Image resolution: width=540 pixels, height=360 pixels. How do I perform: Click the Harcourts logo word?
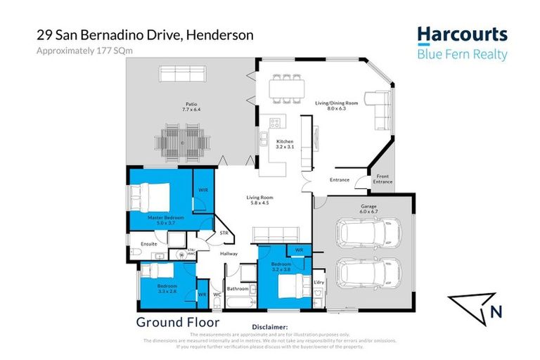click(462, 35)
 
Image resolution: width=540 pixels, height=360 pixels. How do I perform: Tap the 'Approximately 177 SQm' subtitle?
click(75, 51)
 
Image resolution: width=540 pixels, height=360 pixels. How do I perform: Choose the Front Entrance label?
click(382, 179)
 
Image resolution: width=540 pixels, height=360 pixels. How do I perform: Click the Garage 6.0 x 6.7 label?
click(364, 210)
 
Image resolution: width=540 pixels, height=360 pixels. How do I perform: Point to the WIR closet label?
click(202, 190)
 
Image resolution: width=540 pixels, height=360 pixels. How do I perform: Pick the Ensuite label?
click(148, 244)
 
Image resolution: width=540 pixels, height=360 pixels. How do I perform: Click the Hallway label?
click(229, 254)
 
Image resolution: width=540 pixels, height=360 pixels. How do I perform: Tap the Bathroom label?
click(236, 288)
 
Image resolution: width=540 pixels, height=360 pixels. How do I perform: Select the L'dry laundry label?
click(319, 282)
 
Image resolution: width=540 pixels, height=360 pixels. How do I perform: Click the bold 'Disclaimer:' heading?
click(269, 327)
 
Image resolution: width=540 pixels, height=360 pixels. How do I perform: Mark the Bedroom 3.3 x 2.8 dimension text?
click(167, 290)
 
